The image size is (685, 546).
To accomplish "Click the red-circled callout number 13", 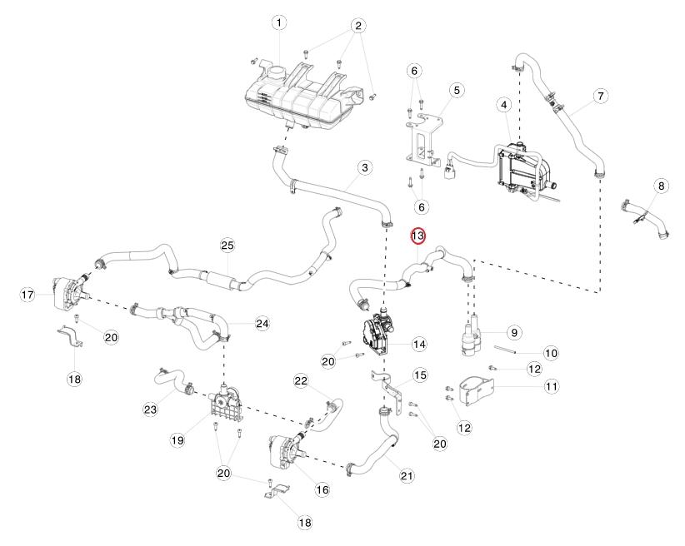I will pos(417,236).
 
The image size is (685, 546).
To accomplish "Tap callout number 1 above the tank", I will pos(278,22).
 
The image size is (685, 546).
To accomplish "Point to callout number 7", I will pos(600,96).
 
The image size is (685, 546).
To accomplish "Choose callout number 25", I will pos(227,245).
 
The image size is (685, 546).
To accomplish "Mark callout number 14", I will pos(419,344).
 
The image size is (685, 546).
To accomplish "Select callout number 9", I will pos(514,332).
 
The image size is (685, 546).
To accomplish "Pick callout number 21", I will pos(407,476).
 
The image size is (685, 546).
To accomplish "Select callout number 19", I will pos(177,439).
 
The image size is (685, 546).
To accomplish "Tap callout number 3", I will pos(364,168).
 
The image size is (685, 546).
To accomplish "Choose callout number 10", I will pos(551,353).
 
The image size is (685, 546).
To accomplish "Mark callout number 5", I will pos(456,89).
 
